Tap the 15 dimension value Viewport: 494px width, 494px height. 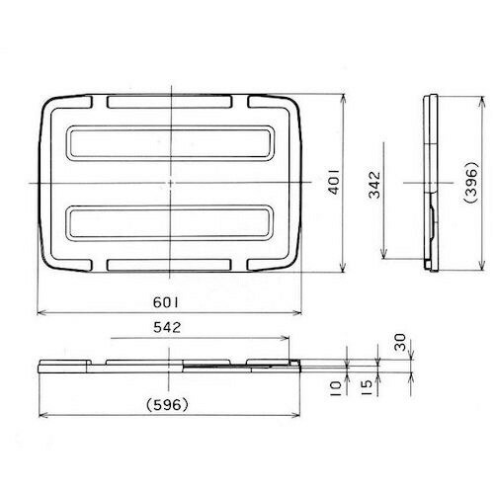365,384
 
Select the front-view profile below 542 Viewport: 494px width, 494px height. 168,366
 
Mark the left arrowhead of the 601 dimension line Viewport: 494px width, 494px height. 41,312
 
